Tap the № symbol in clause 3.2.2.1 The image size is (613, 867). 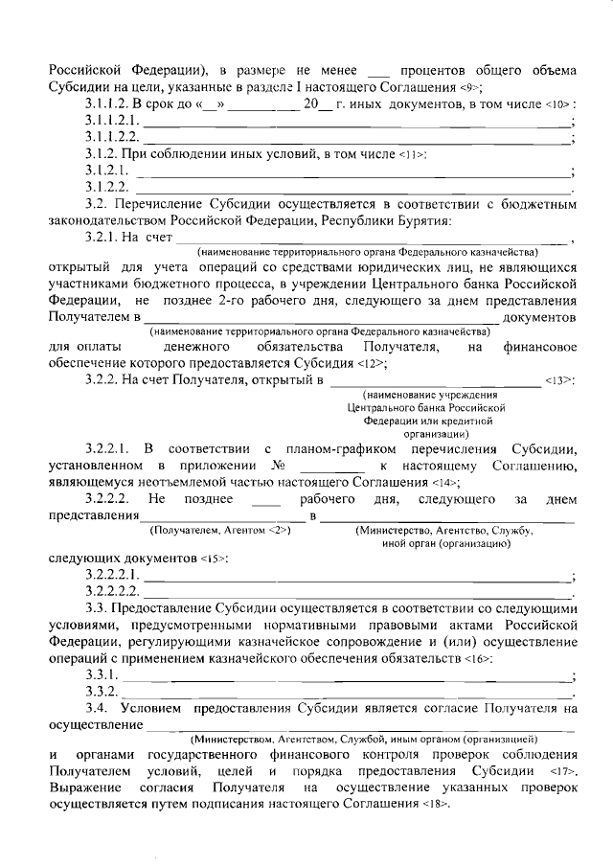pyautogui.click(x=280, y=466)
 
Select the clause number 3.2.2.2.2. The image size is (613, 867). pyautogui.click(x=112, y=590)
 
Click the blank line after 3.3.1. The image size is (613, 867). pyautogui.click(x=346, y=675)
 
